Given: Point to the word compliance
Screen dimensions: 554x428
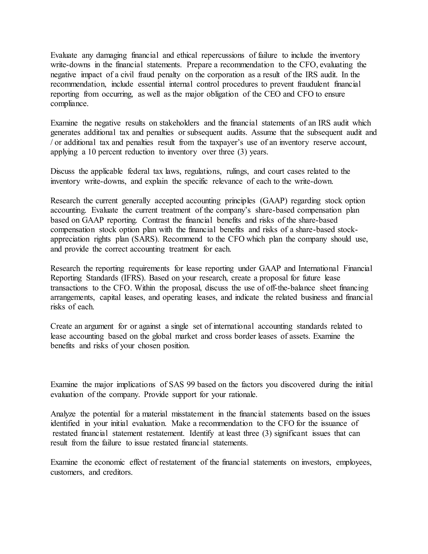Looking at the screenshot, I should (69, 104).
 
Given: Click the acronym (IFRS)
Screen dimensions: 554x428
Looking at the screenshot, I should (131, 278).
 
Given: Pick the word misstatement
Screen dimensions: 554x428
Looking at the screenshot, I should (192, 414).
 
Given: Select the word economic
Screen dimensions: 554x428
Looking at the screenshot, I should (110, 462).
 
